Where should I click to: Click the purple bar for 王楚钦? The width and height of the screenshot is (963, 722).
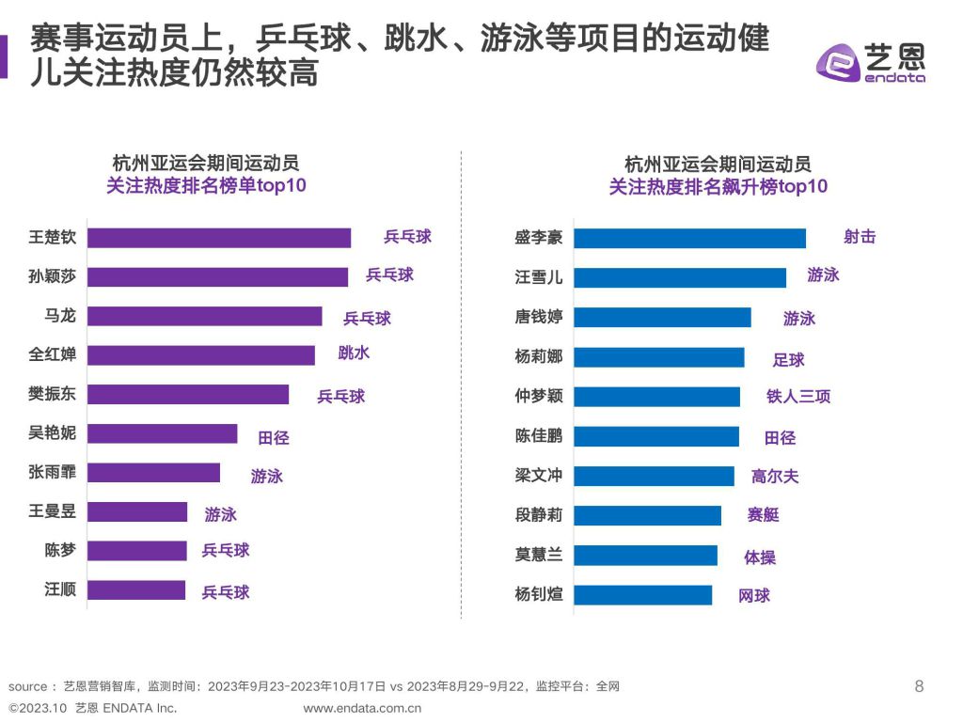pos(219,238)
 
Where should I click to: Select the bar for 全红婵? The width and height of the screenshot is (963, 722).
pos(201,355)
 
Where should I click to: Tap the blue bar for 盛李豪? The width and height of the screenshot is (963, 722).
pos(689,238)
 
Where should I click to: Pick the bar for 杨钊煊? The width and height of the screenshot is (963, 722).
pos(642,594)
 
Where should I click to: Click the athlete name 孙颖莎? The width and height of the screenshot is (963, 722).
pos(53,276)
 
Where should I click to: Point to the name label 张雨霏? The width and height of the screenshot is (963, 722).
pos(53,473)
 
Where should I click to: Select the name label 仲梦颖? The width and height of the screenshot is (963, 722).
pos(539,396)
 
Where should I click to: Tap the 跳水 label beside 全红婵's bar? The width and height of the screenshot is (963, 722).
pos(354,353)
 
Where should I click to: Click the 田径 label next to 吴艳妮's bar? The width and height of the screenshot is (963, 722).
pos(274,437)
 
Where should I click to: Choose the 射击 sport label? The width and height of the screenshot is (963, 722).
pos(860,237)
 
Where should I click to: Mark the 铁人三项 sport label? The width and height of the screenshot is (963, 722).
pos(798,397)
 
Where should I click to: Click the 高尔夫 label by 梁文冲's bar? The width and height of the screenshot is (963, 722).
pos(775,476)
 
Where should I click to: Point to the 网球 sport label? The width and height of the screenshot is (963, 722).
pos(754,595)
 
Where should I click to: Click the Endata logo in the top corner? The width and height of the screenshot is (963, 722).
pos(870,63)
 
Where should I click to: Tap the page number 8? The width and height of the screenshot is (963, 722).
pos(919,686)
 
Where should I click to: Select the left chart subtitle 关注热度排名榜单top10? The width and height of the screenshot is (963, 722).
pos(206,186)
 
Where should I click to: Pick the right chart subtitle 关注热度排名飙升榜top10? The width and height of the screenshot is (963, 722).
pos(718,187)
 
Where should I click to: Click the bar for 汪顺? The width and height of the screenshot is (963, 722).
pos(136,589)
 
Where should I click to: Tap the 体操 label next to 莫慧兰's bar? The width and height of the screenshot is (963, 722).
pos(760,557)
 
